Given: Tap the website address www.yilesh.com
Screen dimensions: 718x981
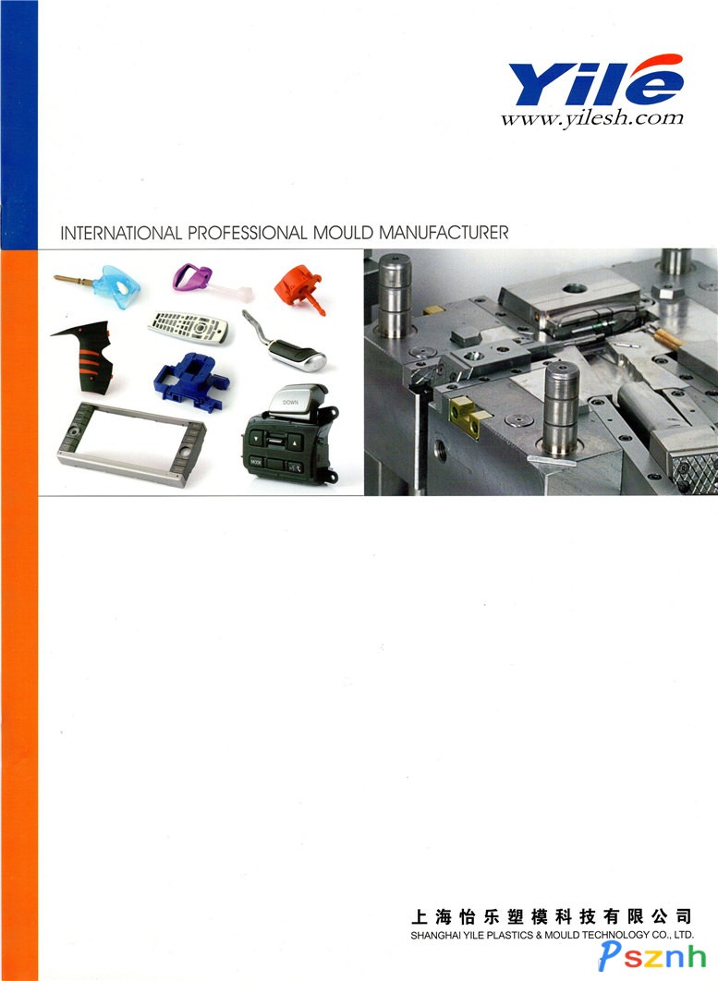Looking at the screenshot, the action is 591,117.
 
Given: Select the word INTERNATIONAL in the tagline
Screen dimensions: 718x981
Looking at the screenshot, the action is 121,234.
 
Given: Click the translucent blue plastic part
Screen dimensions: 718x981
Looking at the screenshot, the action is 116,286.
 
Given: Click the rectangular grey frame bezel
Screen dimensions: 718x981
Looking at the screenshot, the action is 131,443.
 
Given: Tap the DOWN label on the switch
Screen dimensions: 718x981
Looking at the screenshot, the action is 290,403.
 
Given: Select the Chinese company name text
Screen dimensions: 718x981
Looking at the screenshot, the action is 551,917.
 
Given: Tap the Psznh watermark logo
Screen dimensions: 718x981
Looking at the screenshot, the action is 651,956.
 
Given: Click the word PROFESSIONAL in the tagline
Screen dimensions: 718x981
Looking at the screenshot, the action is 248,234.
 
